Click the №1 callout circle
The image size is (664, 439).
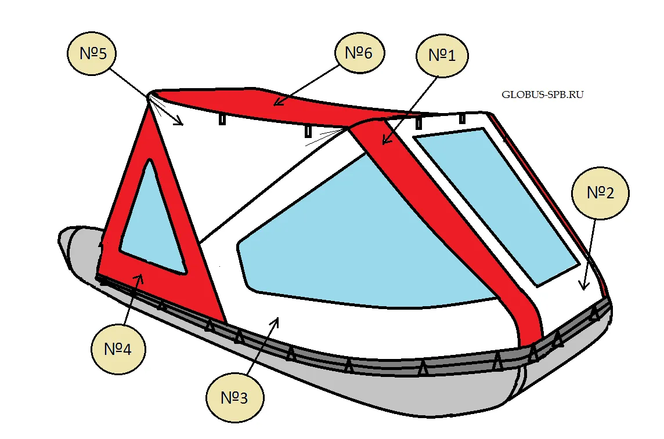pyautogui.click(x=442, y=56)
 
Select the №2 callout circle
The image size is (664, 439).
pyautogui.click(x=601, y=193)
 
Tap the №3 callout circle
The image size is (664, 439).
pyautogui.click(x=235, y=398)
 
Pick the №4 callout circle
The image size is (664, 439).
pyautogui.click(x=118, y=349)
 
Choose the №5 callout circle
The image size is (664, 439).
pyautogui.click(x=93, y=53)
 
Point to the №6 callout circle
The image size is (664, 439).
pyautogui.click(x=359, y=53)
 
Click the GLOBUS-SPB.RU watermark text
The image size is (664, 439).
pyautogui.click(x=543, y=95)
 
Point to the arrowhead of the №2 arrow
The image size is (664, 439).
pyautogui.click(x=584, y=286)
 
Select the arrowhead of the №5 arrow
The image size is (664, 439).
pyautogui.click(x=179, y=122)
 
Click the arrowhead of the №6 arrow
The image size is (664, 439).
pyautogui.click(x=277, y=102)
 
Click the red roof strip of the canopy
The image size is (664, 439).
pyautogui.click(x=271, y=104)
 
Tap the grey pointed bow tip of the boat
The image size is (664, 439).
pyautogui.click(x=63, y=240)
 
